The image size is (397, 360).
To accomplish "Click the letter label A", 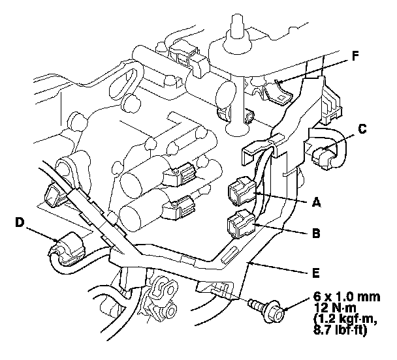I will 317,203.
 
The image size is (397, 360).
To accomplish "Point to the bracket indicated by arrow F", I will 278,90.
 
